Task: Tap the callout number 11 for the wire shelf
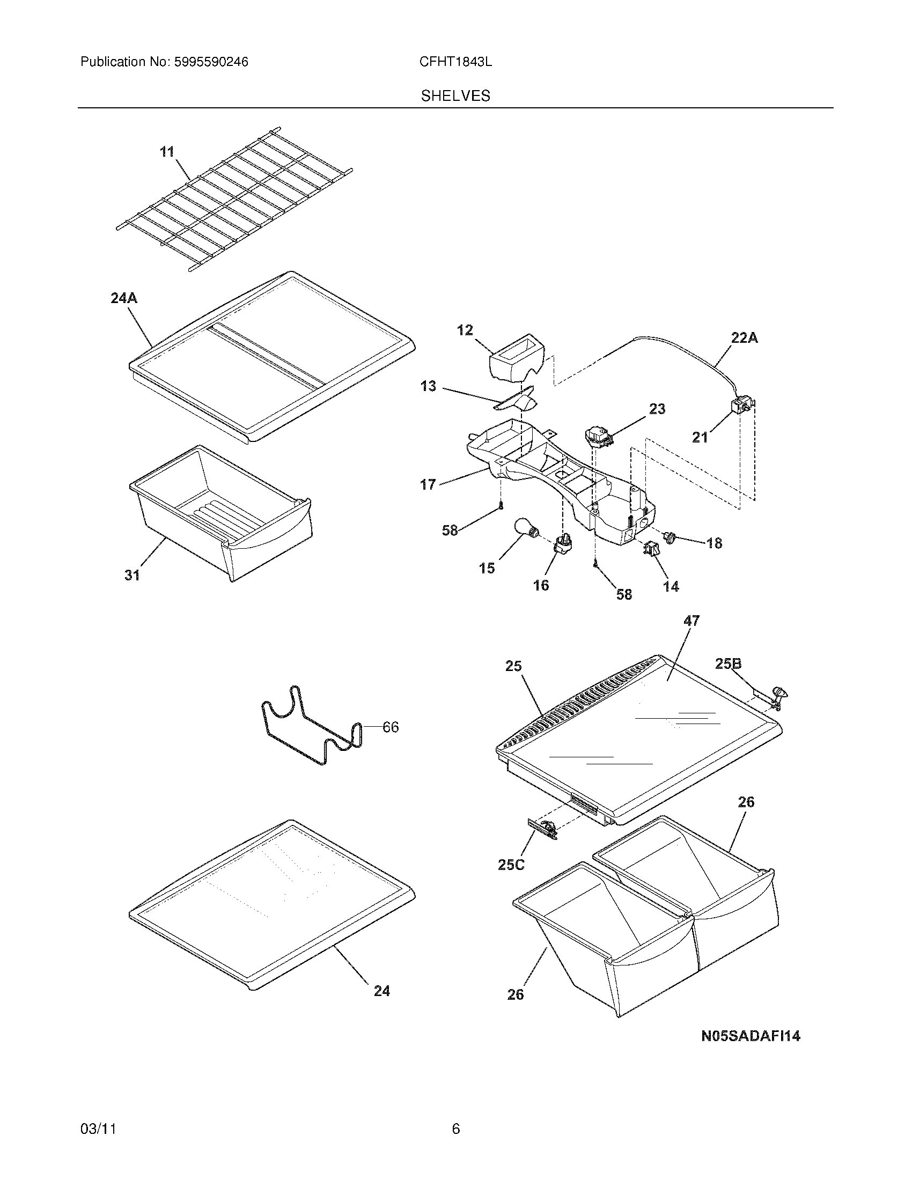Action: pyautogui.click(x=167, y=152)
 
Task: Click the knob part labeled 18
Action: pyautogui.click(x=670, y=537)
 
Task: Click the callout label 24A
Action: pyautogui.click(x=124, y=298)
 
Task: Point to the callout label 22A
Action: pyautogui.click(x=744, y=338)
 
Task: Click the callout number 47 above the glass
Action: pyautogui.click(x=691, y=621)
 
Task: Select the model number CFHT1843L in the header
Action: pyautogui.click(x=455, y=62)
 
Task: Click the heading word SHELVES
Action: pyautogui.click(x=455, y=96)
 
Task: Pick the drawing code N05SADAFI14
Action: pyautogui.click(x=751, y=1036)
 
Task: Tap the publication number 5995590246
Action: pyautogui.click(x=211, y=62)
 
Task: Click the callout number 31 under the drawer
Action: pyautogui.click(x=133, y=576)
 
